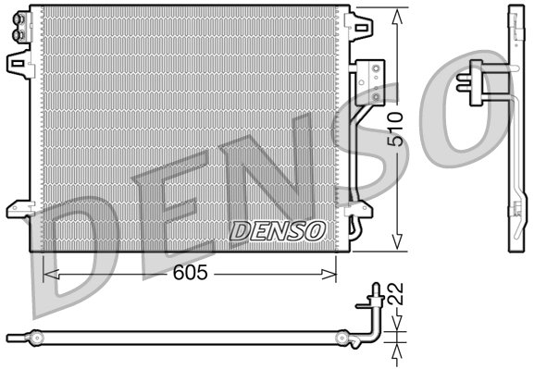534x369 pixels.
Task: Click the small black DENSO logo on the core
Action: tap(277, 229)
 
